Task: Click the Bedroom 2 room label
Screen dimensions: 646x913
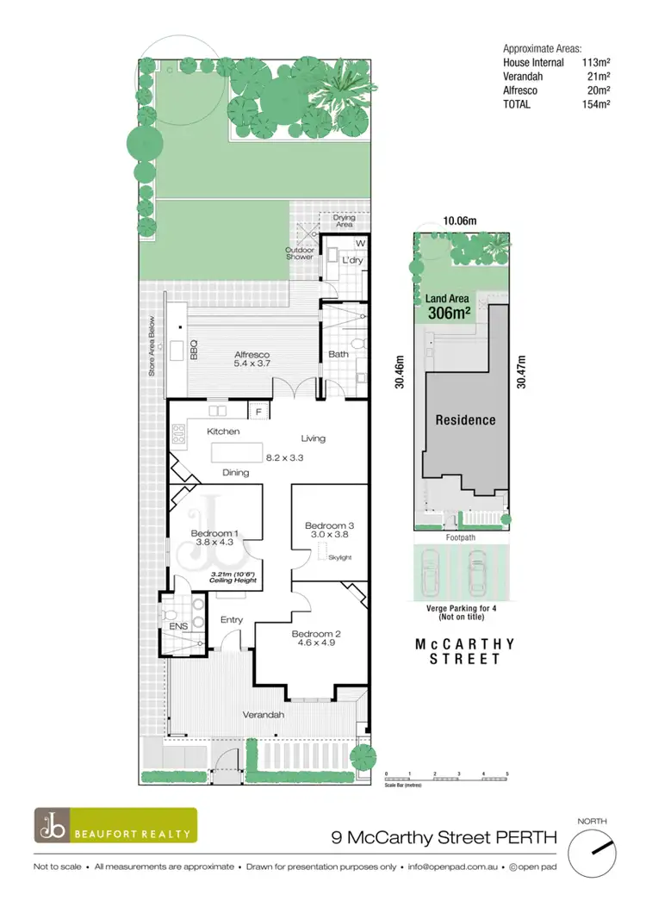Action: click(316, 638)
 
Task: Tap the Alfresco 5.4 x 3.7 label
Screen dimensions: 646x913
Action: click(252, 358)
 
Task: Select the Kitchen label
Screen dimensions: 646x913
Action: click(223, 432)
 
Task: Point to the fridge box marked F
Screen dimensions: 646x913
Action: click(258, 412)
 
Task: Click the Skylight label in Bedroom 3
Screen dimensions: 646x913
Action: click(340, 558)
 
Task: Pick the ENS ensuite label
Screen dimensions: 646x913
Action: click(178, 626)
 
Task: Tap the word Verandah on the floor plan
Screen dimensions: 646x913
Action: click(264, 714)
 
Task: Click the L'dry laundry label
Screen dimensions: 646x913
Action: click(352, 260)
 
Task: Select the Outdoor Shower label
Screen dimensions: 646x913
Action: click(300, 253)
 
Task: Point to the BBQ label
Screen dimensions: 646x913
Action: click(194, 350)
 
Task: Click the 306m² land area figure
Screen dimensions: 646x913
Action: click(449, 313)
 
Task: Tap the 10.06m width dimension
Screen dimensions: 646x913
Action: click(460, 220)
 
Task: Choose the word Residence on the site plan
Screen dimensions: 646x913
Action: click(465, 419)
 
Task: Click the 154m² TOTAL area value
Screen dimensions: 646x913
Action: click(596, 104)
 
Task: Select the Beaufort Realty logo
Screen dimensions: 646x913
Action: click(115, 825)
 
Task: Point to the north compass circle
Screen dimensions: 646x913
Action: click(592, 853)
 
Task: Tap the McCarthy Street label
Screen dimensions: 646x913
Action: click(465, 651)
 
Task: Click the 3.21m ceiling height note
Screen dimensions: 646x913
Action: click(233, 577)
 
